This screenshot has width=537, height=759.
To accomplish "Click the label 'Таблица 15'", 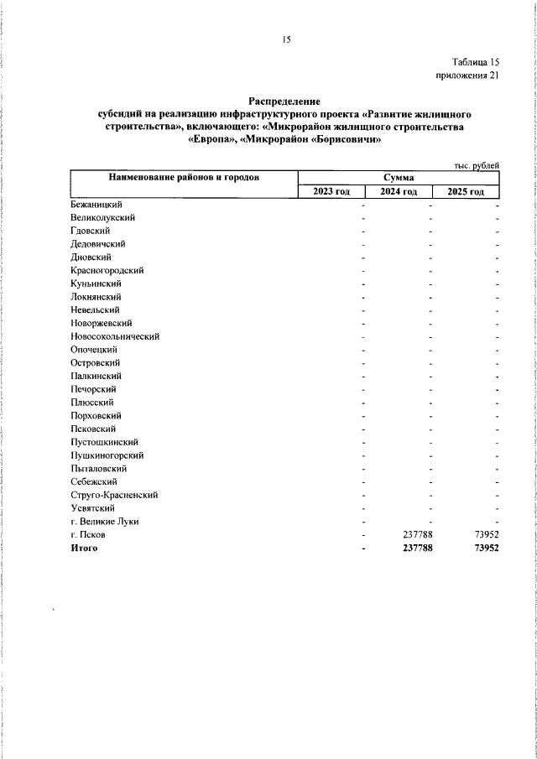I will click(476, 62).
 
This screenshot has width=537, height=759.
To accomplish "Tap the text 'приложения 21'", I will click(468, 75).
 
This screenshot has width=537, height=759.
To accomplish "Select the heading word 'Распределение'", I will click(284, 101).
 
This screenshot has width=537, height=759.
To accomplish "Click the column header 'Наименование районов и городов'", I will click(183, 177).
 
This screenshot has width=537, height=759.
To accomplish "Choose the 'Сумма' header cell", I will click(400, 178).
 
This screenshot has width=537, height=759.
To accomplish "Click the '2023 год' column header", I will click(331, 192).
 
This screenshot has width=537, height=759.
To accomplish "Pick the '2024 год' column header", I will click(399, 192).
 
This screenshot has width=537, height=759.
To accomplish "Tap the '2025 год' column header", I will click(466, 192).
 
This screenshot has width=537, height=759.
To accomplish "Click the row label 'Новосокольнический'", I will click(115, 336).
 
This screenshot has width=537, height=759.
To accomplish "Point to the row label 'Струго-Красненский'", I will click(114, 495).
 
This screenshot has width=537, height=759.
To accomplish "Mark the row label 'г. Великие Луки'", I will click(105, 522).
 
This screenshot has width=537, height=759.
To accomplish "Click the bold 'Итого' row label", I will click(85, 548).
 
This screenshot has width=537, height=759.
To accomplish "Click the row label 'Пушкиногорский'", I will click(107, 455).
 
